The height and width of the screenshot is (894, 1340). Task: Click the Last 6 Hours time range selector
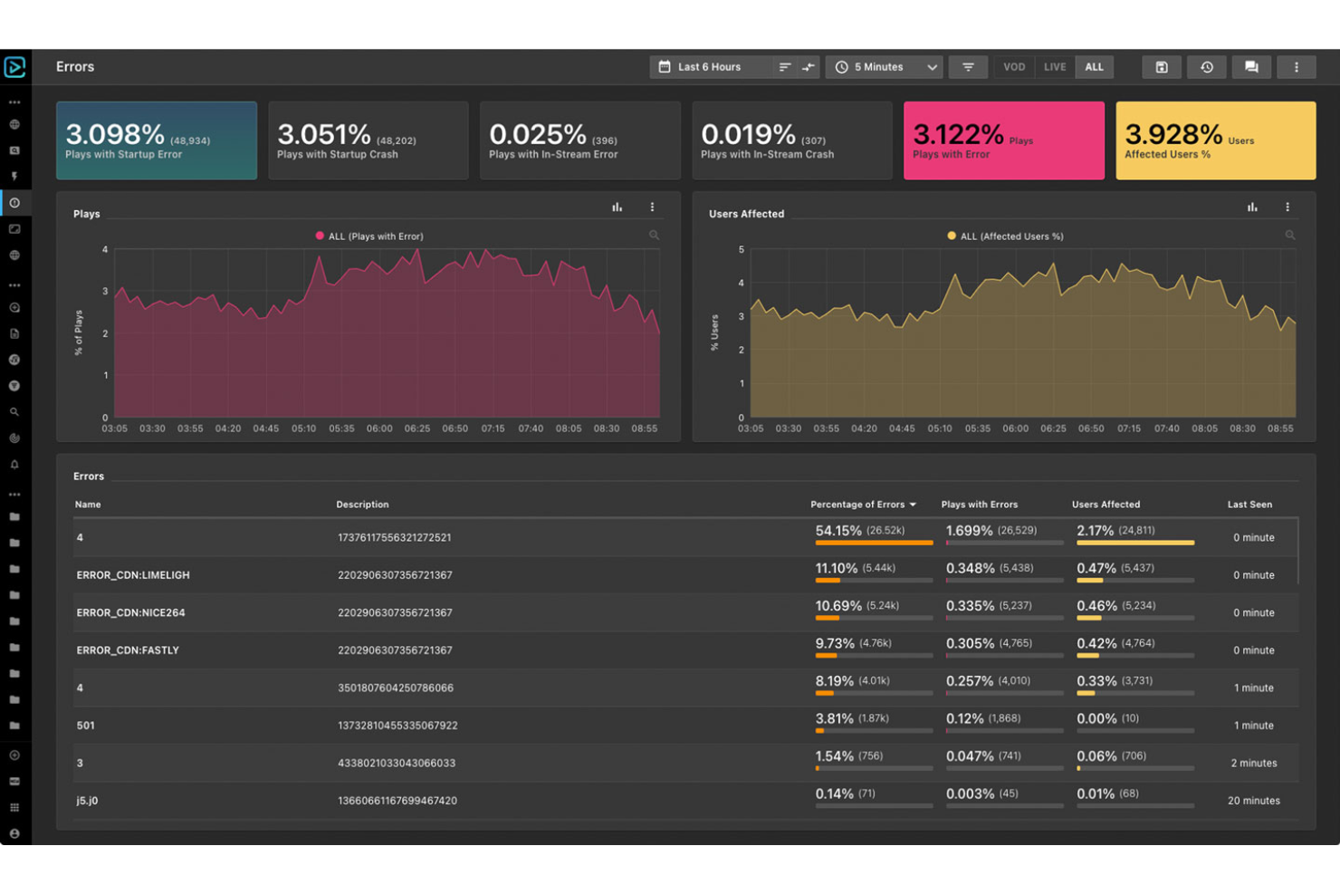709,67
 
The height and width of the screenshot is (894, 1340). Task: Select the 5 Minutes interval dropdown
884,67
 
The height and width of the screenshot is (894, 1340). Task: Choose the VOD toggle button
1014,67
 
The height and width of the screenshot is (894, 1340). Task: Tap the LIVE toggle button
1054,67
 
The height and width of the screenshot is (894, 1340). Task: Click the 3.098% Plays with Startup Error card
157,140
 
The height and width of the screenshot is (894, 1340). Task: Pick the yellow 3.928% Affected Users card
1215,140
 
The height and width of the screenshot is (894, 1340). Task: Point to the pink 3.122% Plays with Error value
958,135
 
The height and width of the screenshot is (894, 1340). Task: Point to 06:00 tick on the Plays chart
379,428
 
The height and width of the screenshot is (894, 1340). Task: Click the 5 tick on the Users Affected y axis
742,250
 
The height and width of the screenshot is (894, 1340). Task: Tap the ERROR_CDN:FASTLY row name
128,650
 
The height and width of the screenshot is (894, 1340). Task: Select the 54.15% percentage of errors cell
838,531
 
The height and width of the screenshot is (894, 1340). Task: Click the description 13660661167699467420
397,801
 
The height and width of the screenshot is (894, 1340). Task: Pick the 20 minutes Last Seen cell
1253,801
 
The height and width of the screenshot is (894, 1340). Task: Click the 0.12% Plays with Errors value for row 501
964,718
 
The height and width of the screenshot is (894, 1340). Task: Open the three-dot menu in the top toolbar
1296,67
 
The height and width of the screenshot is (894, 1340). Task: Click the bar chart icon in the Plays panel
617,207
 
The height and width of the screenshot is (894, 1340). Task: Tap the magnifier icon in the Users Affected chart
1289,236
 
